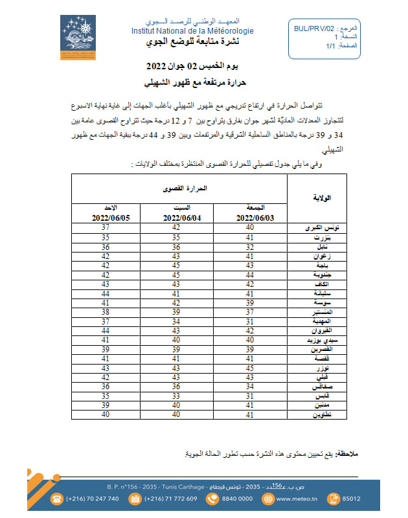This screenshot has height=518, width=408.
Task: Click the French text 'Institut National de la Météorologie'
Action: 192,31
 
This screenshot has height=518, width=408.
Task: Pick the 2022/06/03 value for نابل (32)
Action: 249,246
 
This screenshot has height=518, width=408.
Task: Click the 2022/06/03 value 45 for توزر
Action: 249,367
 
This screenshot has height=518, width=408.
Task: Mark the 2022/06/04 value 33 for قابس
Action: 174,395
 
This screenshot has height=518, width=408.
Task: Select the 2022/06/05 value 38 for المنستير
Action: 105,311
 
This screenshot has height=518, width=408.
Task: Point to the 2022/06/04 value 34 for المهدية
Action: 174,321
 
